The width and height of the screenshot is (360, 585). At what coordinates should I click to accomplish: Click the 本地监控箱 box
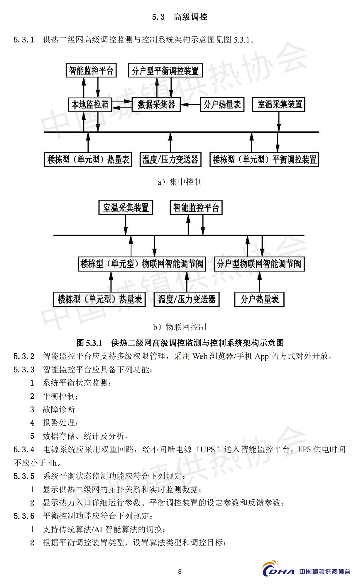coord(90,104)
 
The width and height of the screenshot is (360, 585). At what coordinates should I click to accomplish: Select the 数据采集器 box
coord(156,104)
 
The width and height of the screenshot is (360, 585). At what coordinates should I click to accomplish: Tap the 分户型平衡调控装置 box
coord(165,70)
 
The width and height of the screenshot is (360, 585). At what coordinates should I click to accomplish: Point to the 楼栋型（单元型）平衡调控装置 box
coord(264,160)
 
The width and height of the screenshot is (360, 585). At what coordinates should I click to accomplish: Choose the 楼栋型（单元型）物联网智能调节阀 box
coord(142,264)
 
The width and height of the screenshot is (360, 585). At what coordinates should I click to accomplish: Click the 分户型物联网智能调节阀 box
coord(259,264)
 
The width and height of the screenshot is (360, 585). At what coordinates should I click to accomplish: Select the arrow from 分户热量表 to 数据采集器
coord(190,104)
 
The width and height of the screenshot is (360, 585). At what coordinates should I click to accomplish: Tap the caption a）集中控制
coord(180,182)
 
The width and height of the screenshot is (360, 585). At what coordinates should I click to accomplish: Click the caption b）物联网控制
coord(180,327)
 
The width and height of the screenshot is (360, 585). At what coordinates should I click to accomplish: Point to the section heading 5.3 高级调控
coord(180,17)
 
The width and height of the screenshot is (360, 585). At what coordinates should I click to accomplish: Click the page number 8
coord(180,572)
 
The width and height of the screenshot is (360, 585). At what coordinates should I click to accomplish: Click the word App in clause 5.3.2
coord(262,356)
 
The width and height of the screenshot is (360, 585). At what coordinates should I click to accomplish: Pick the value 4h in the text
coord(53,463)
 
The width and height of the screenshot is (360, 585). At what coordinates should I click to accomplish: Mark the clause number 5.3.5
coord(24,476)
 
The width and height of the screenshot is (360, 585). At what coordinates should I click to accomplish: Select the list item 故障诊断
coord(59,409)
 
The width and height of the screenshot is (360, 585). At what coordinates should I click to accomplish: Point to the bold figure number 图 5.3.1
coord(89,343)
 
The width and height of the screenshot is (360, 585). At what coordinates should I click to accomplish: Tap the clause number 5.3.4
coord(24,450)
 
